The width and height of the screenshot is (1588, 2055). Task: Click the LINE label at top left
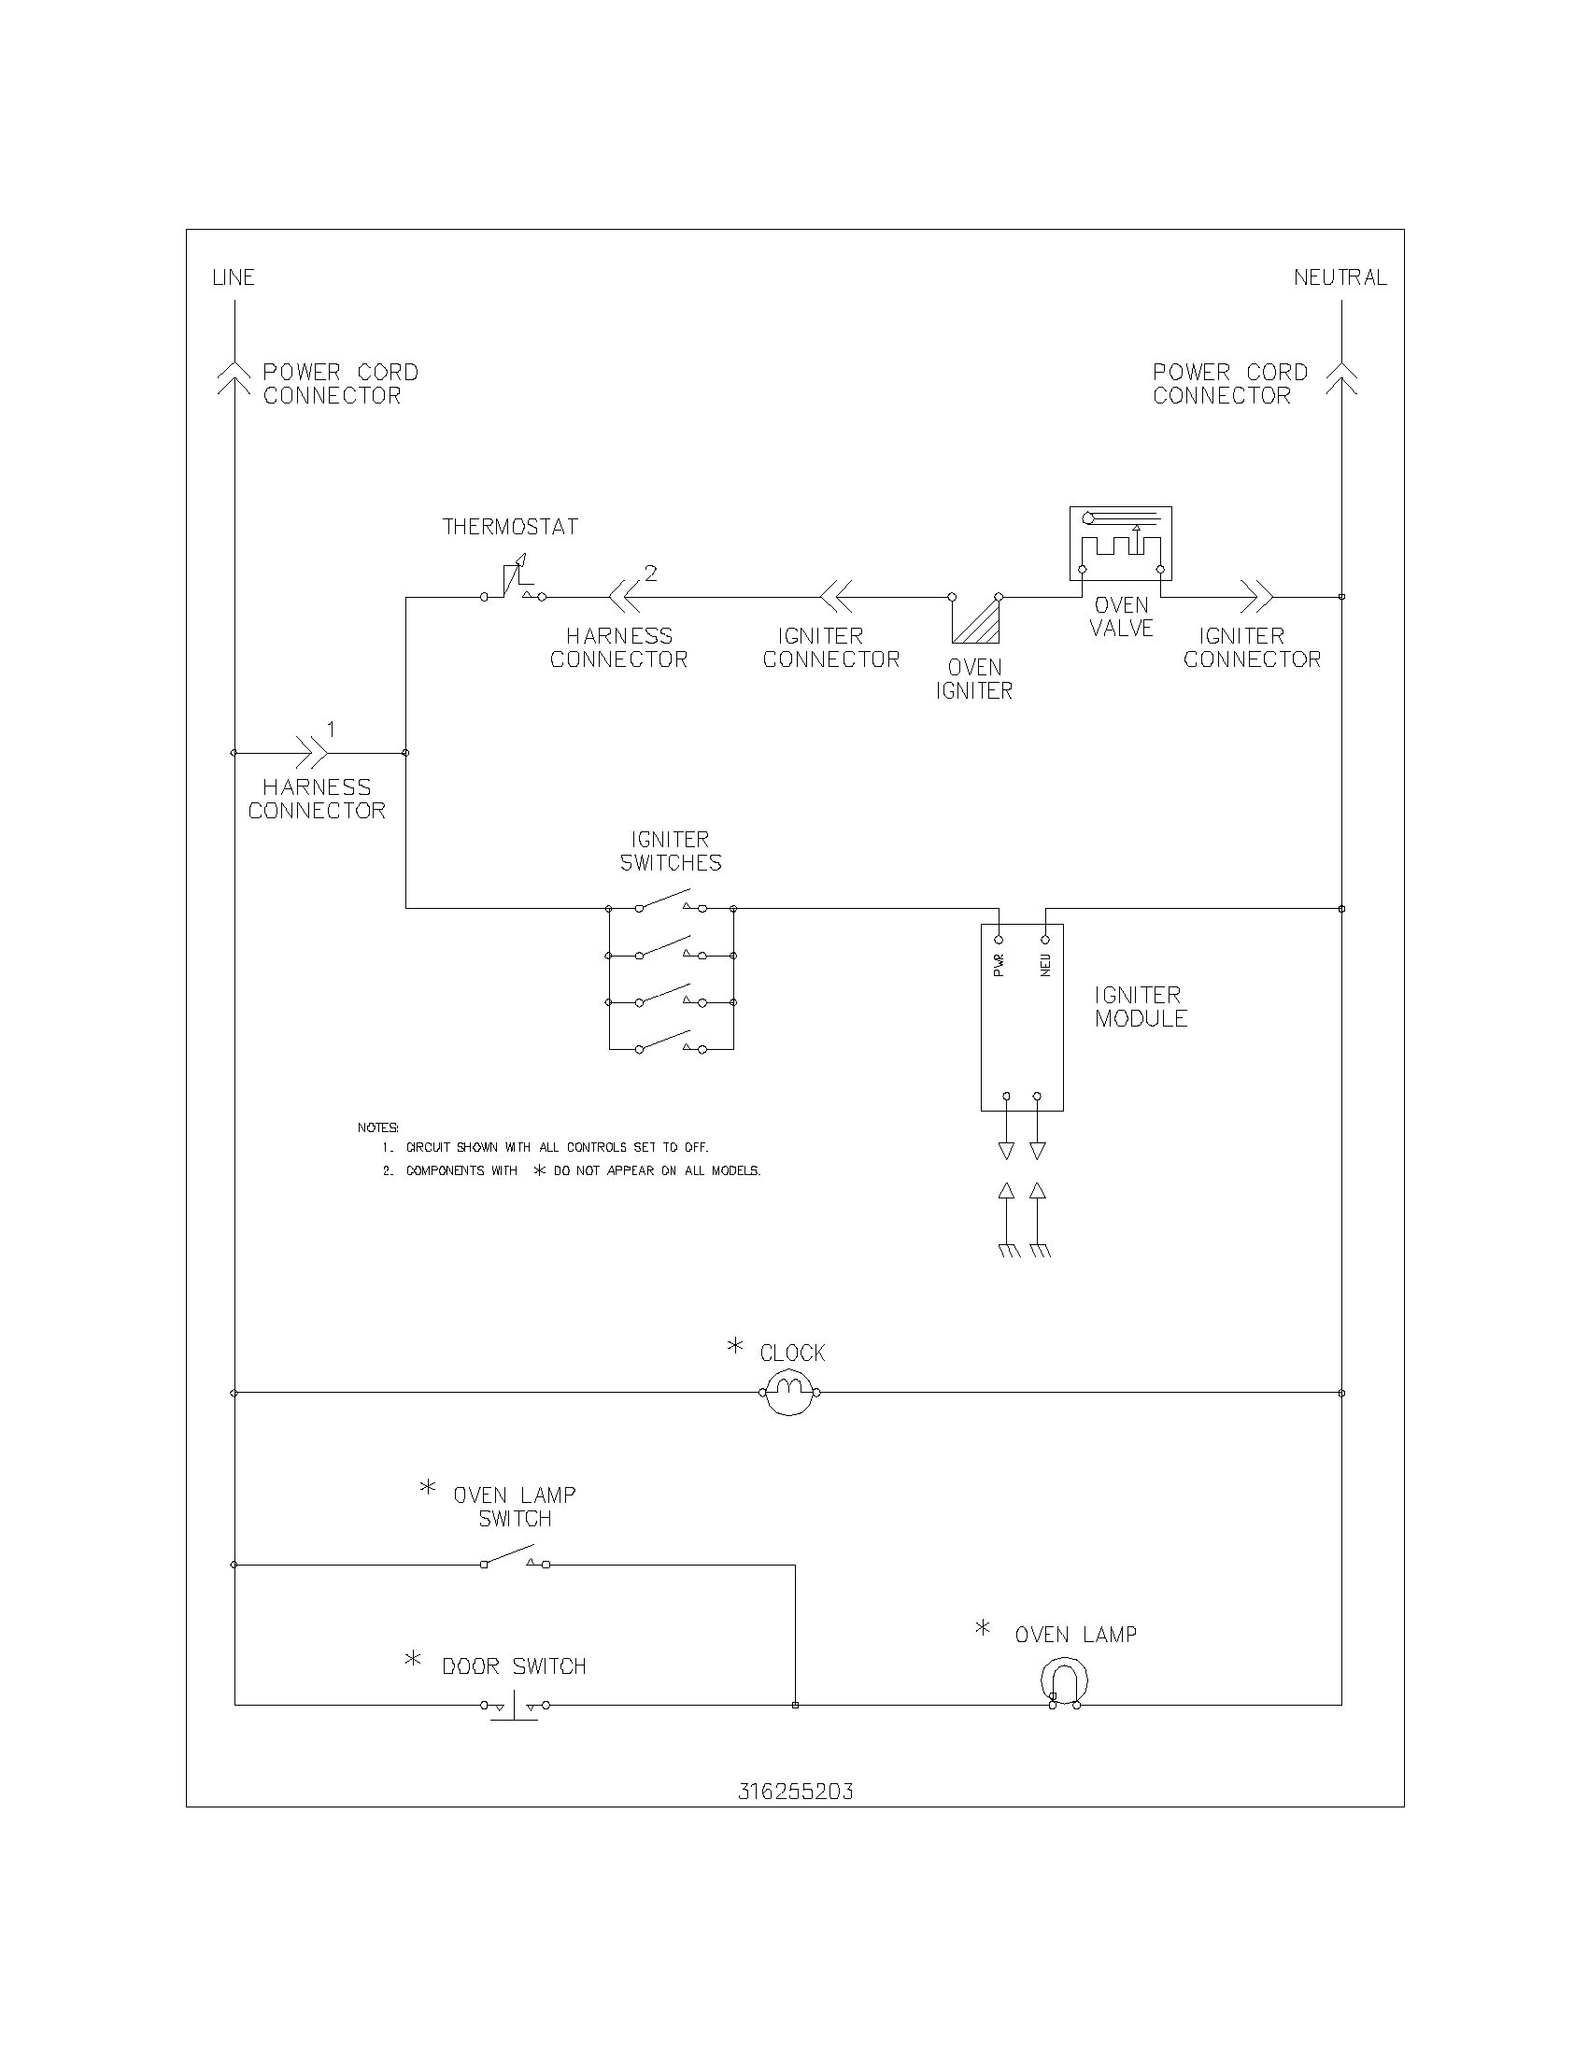coord(234,277)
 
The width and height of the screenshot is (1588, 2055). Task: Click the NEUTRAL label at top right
coord(1340,277)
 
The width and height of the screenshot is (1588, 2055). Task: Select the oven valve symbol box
coord(1120,544)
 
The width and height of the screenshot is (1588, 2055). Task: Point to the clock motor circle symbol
coord(789,1392)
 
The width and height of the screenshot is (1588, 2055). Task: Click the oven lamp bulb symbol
coord(1064,1681)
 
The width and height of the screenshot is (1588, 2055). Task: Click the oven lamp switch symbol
coord(514,1558)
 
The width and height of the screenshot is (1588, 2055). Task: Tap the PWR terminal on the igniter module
coord(1000,939)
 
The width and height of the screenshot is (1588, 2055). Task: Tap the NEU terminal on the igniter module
coord(1045,939)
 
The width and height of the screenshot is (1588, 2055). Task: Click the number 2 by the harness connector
coord(650,573)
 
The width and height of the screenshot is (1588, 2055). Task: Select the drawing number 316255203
coord(795,1792)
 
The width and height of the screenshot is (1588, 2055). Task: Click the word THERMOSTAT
coord(511,527)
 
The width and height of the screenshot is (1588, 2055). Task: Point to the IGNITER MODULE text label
coord(1141,1007)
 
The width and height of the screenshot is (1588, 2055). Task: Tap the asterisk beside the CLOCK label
coord(735,1346)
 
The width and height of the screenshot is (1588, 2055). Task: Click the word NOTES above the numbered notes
coord(377,1127)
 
